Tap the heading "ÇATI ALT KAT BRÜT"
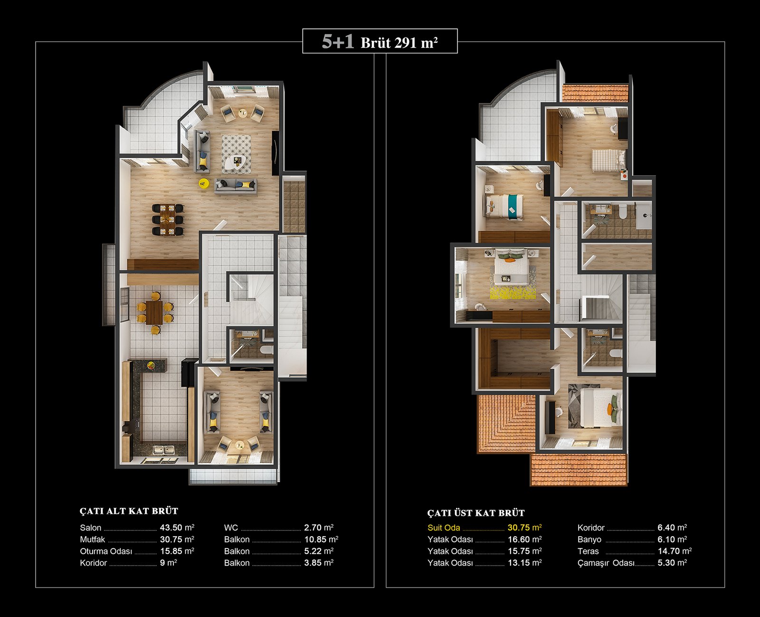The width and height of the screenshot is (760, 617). click(129, 511)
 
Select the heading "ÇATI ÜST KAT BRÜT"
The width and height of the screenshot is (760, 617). click(476, 513)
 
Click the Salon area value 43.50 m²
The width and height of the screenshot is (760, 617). click(177, 527)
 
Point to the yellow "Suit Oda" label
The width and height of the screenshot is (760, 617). click(444, 528)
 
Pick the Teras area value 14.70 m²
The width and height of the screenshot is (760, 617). click(674, 551)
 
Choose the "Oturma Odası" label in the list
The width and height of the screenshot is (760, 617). click(106, 552)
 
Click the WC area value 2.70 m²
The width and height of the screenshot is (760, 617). click(319, 527)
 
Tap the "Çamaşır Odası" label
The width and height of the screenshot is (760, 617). click(606, 563)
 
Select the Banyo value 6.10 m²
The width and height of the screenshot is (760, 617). click(672, 539)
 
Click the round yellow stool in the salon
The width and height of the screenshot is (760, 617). click(204, 183)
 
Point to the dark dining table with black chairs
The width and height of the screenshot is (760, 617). click(168, 220)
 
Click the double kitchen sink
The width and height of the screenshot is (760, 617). click(164, 450)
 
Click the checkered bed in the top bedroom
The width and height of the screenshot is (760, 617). click(609, 161)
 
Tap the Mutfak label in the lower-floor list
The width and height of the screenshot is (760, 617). click(93, 540)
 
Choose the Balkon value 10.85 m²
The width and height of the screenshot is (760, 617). click(321, 539)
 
